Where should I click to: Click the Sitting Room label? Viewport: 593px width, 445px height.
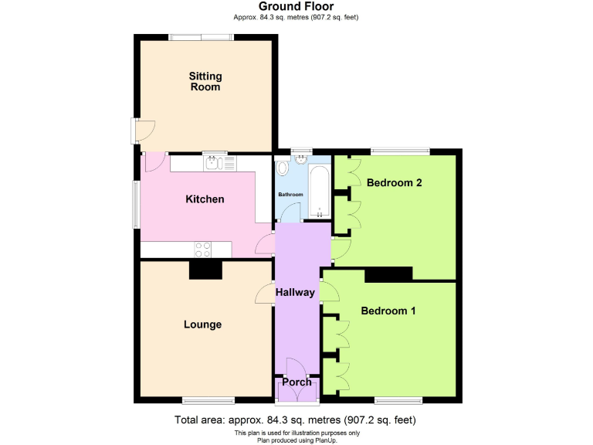pyautogui.click(x=205, y=81)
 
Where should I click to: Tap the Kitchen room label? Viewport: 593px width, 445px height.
pyautogui.click(x=205, y=199)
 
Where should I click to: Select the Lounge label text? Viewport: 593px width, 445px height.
pyautogui.click(x=202, y=324)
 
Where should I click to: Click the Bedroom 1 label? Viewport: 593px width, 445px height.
pyautogui.click(x=388, y=311)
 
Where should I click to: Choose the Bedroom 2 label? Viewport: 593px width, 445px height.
pyautogui.click(x=394, y=183)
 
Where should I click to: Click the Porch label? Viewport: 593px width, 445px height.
pyautogui.click(x=296, y=382)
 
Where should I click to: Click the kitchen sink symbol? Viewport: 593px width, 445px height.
pyautogui.click(x=214, y=163)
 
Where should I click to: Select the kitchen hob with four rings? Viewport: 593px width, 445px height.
pyautogui.click(x=203, y=249)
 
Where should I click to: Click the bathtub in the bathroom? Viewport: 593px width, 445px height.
pyautogui.click(x=319, y=189)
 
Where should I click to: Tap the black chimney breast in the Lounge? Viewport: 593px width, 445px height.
pyautogui.click(x=205, y=270)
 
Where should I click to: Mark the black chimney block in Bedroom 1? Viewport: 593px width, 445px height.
pyautogui.click(x=388, y=274)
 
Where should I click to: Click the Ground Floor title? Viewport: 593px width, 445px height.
pyautogui.click(x=296, y=7)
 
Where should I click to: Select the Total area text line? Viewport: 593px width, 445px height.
pyautogui.click(x=296, y=420)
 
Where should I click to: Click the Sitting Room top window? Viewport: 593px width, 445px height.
pyautogui.click(x=202, y=36)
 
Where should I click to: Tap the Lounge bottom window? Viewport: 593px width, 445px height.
pyautogui.click(x=208, y=399)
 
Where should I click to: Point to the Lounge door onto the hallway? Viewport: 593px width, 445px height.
pyautogui.click(x=265, y=294)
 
